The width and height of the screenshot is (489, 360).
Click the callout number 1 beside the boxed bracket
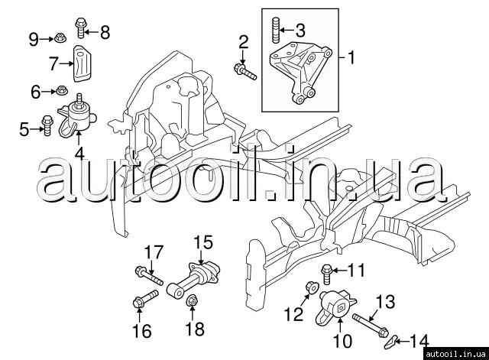click(x=351, y=58)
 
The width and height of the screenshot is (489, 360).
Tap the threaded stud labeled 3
click(x=275, y=31)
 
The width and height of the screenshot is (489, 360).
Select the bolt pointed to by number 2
click(x=245, y=71)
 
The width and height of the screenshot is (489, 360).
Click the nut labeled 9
click(x=59, y=39)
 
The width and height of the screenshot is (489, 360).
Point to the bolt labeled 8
click(x=81, y=28)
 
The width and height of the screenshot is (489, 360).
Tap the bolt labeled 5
click(x=47, y=125)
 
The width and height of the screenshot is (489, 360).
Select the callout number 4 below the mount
click(x=79, y=154)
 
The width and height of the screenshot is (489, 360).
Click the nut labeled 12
click(x=311, y=286)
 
